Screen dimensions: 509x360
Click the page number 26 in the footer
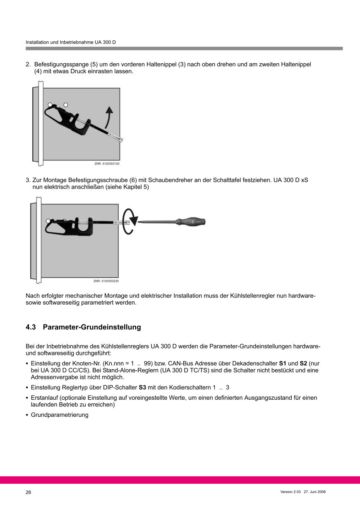click(x=29, y=492)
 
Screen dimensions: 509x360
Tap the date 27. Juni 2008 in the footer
click(x=315, y=492)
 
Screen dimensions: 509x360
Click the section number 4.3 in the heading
click(x=31, y=327)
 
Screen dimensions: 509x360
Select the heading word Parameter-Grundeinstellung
click(x=92, y=327)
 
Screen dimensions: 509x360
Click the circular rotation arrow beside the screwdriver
click(x=130, y=222)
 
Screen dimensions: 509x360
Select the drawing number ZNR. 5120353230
click(x=106, y=281)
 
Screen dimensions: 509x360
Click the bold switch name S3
click(x=142, y=387)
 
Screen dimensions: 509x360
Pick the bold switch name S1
click(x=283, y=363)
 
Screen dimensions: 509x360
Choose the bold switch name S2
click(x=303, y=363)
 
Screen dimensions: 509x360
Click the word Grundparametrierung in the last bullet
click(x=60, y=415)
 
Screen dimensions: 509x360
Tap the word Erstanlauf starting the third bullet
click(x=44, y=398)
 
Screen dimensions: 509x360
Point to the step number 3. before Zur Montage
click(x=28, y=180)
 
